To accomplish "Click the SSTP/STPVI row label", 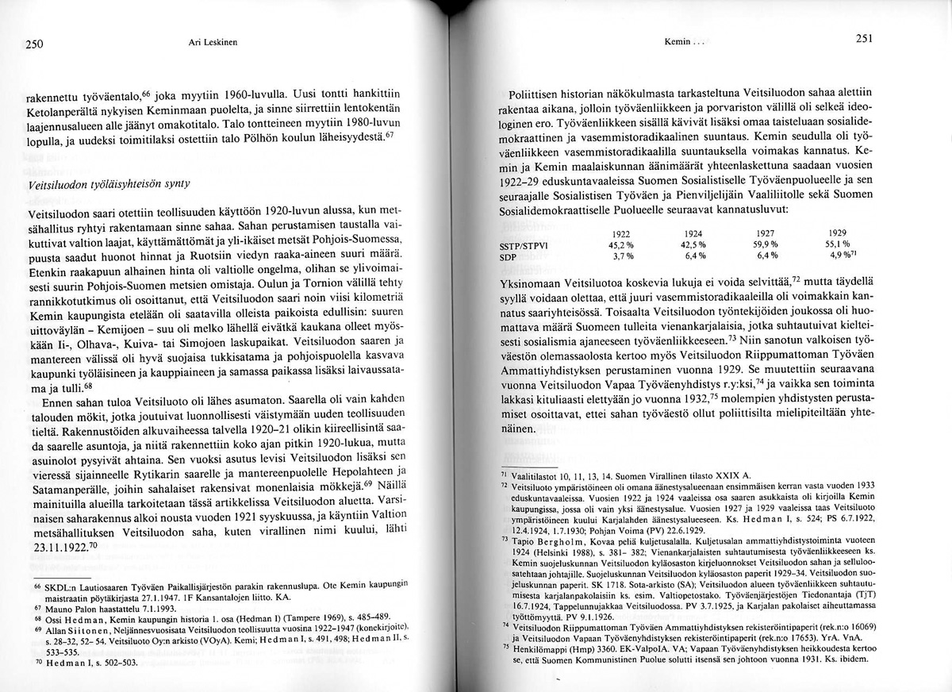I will [x=524, y=245].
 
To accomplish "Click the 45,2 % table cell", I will [x=622, y=245].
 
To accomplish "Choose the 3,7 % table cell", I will [x=623, y=257].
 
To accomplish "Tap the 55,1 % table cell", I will [x=837, y=244].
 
